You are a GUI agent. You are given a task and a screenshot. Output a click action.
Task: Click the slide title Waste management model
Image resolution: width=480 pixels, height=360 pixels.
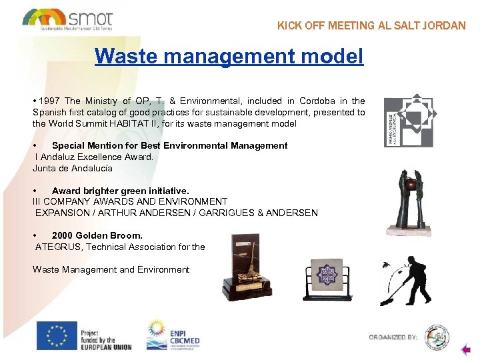point(229,56)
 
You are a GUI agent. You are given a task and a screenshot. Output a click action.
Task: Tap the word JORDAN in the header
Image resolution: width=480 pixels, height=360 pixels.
point(444,26)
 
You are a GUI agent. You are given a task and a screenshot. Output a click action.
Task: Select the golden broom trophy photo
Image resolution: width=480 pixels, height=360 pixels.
point(247,266)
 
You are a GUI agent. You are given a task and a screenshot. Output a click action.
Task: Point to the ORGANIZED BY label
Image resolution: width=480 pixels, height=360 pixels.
point(393,337)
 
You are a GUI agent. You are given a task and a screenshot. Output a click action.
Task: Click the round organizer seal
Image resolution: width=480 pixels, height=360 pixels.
point(437,336)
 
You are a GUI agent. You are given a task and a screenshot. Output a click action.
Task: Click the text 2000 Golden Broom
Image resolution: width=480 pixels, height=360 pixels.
point(97,236)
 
